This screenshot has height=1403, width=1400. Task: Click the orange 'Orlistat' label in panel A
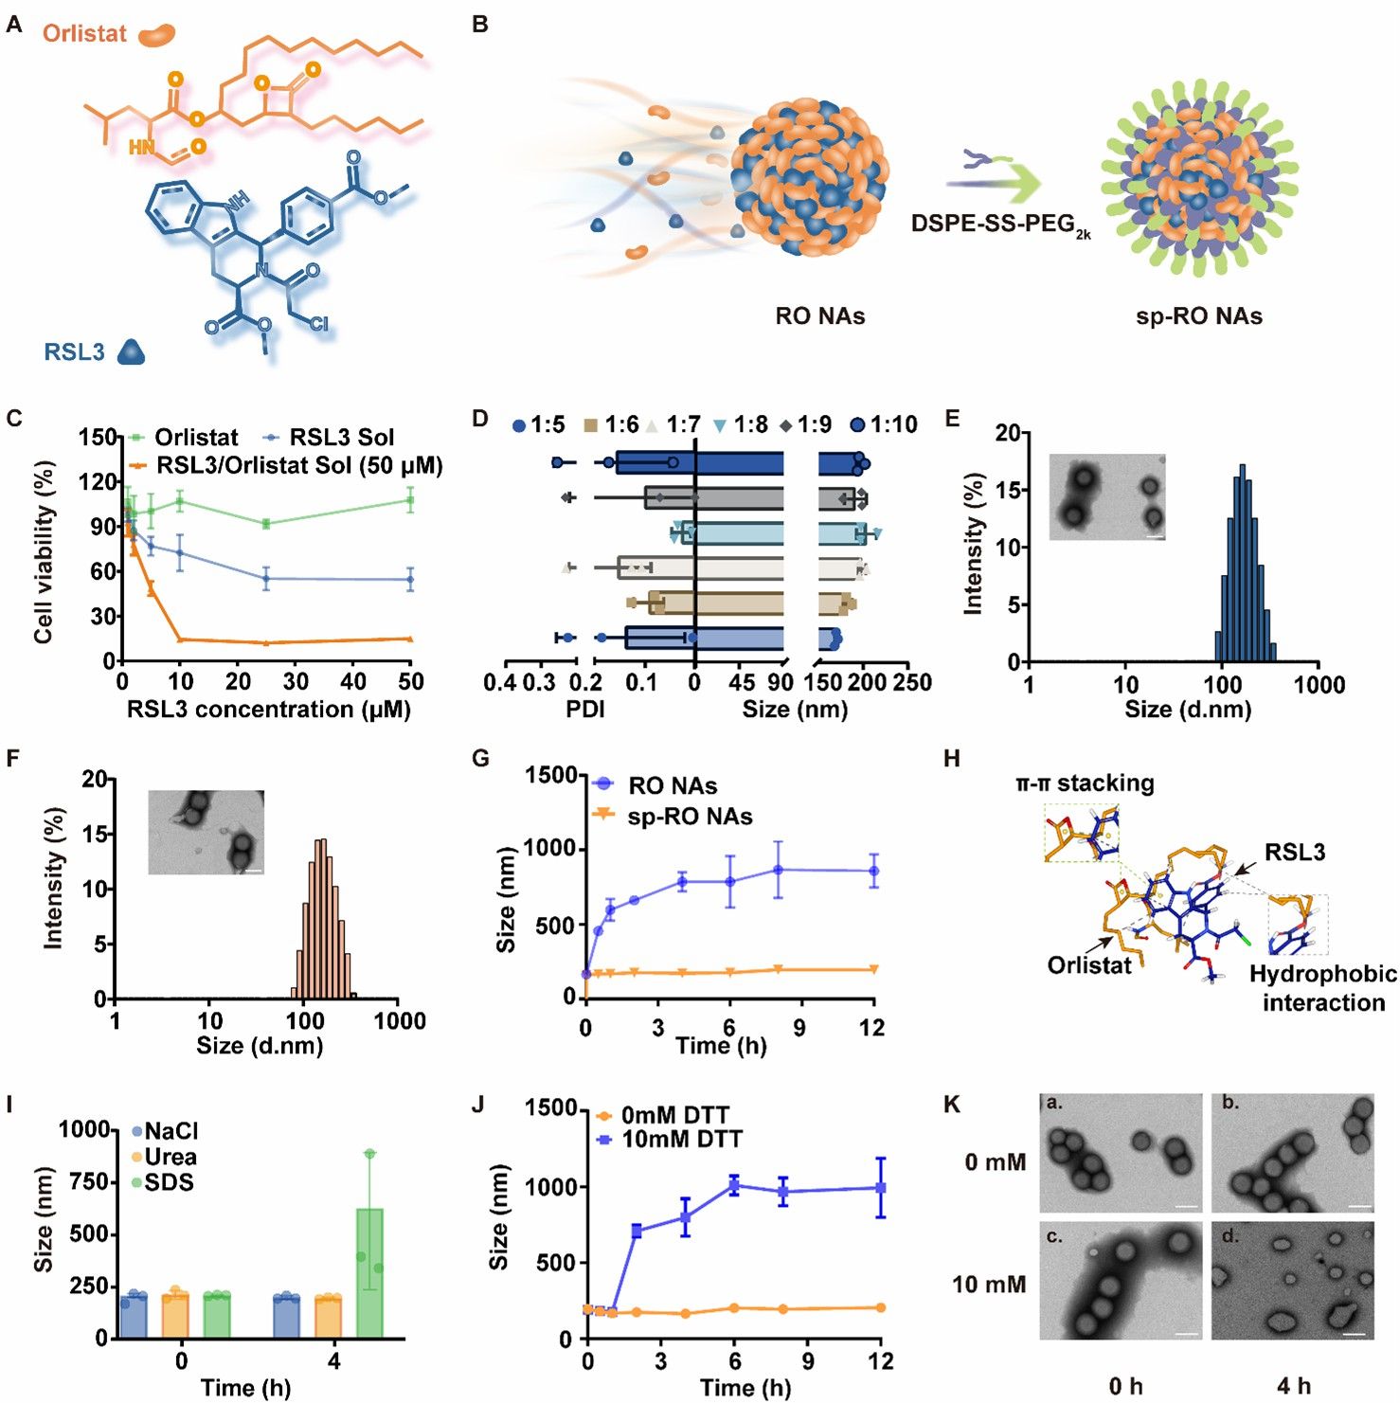[84, 33]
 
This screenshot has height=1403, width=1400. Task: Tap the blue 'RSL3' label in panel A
[74, 352]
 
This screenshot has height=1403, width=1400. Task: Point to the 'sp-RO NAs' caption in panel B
[1198, 316]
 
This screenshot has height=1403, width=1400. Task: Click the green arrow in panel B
[1004, 186]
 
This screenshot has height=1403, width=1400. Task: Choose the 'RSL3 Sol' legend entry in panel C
[341, 438]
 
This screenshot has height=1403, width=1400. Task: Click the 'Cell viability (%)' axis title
[44, 552]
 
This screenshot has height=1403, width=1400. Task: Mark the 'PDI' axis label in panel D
[585, 709]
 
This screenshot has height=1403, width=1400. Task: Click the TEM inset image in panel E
[1107, 497]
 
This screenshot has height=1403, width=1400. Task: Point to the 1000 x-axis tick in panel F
[399, 1021]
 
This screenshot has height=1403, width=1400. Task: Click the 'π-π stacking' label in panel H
[1085, 783]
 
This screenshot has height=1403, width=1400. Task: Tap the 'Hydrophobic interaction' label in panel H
[1322, 988]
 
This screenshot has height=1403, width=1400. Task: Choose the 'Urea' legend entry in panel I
[170, 1157]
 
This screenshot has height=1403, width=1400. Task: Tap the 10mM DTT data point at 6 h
[734, 1185]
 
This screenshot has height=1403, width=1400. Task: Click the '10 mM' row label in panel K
[988, 1285]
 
